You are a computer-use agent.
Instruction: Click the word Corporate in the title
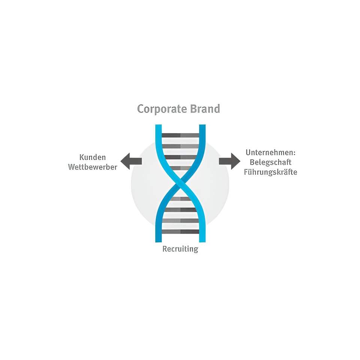[162, 109]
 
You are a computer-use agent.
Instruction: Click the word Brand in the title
[205, 109]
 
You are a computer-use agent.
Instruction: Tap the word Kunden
[93, 157]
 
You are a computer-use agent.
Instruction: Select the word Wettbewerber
[93, 167]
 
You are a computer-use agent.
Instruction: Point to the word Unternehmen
[269, 153]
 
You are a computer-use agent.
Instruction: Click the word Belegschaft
[270, 162]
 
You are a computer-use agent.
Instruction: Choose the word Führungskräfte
[270, 172]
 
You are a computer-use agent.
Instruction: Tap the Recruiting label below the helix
[180, 249]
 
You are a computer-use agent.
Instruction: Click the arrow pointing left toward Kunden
[131, 161]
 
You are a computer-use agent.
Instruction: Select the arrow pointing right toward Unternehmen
[229, 161]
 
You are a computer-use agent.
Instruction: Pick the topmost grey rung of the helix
[180, 135]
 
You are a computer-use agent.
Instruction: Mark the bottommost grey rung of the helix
[180, 232]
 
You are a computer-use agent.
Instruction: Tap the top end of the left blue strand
[158, 125]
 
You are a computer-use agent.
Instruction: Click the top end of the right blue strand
[202, 125]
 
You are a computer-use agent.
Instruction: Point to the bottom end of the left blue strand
[158, 241]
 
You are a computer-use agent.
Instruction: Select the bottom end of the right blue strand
[202, 241]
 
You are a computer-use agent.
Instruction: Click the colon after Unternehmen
[294, 153]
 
